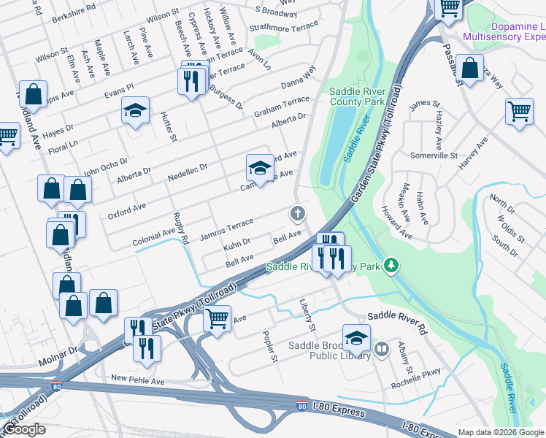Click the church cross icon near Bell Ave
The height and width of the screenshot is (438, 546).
(x=297, y=214)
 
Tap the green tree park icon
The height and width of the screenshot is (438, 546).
(x=392, y=264)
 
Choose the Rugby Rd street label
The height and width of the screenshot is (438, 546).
(x=180, y=228)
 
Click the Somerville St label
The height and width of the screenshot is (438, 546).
(x=433, y=156)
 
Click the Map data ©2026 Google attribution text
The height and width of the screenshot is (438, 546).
(x=500, y=432)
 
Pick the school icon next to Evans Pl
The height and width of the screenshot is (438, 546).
(x=135, y=110)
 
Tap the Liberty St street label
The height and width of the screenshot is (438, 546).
(x=307, y=312)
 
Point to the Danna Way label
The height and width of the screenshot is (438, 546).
(x=299, y=78)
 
